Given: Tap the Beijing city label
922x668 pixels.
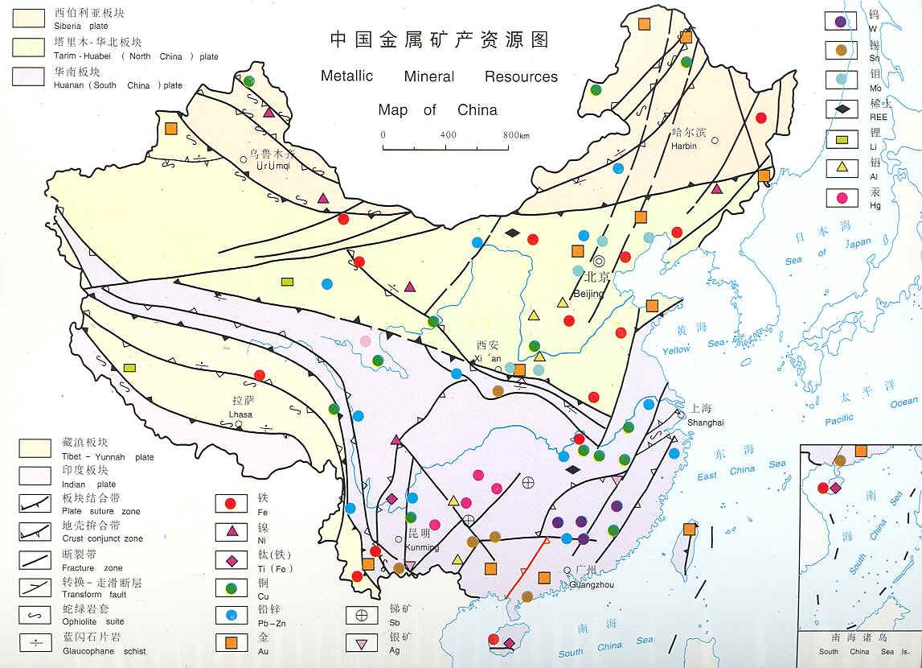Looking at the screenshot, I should [x=589, y=294].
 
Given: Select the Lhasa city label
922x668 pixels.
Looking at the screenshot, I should [x=240, y=414].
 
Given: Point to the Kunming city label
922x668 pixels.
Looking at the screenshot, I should [x=424, y=548].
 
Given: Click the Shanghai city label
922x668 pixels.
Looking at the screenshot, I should [x=706, y=423].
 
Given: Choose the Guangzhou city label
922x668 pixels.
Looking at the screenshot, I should [x=591, y=584].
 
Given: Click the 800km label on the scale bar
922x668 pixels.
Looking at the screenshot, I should [x=516, y=134].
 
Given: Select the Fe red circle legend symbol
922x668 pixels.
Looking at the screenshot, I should [x=231, y=504].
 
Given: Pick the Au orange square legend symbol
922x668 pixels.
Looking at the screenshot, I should [x=231, y=642].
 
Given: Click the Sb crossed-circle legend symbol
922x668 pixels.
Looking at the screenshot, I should [x=362, y=616].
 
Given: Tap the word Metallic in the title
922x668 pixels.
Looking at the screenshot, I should [x=346, y=76].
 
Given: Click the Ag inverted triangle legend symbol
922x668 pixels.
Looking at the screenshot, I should [x=362, y=643].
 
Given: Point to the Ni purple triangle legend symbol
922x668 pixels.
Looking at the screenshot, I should [x=231, y=531].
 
